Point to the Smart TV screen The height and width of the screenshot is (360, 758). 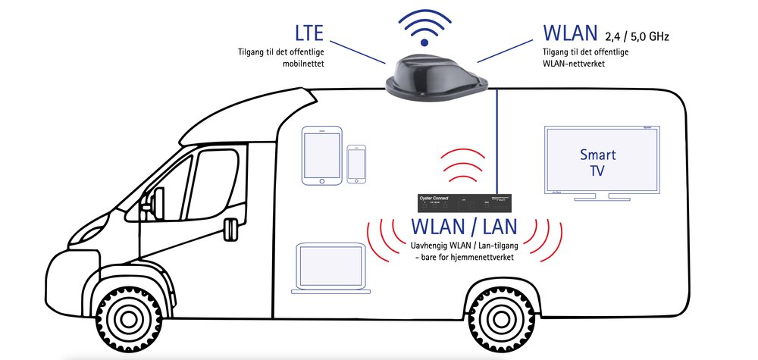597,160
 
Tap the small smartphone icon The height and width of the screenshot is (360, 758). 356,164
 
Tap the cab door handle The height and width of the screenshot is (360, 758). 229,224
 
